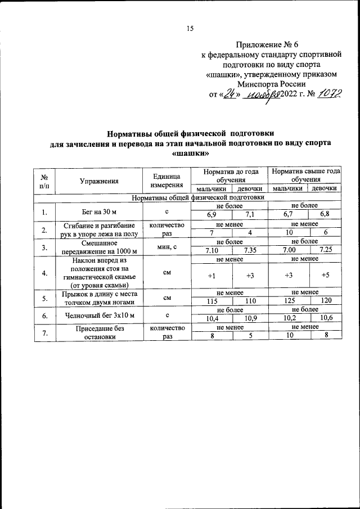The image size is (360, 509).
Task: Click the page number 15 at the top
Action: (x=190, y=29)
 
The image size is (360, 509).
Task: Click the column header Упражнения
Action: (x=99, y=181)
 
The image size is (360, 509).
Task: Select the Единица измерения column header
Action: (x=166, y=181)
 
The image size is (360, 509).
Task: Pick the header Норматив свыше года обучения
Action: (x=304, y=175)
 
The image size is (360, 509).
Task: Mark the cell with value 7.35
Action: (x=247, y=250)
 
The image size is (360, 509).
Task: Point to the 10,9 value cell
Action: (x=247, y=319)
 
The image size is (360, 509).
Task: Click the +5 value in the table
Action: (x=325, y=276)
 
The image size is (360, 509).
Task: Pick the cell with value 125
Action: (x=287, y=301)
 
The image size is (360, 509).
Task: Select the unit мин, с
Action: (x=166, y=246)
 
